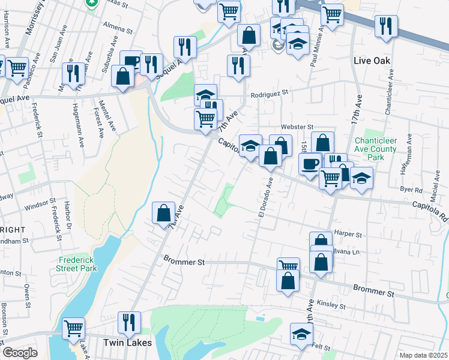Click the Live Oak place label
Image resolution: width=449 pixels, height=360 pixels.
pyautogui.click(x=372, y=61)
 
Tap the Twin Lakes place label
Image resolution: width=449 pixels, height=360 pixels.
pyautogui.click(x=125, y=342)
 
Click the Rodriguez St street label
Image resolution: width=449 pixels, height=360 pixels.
pyautogui.click(x=270, y=94)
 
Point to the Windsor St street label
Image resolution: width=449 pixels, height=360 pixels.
pyautogui.click(x=40, y=208)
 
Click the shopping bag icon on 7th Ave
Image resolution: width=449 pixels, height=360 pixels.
pyautogui.click(x=163, y=213)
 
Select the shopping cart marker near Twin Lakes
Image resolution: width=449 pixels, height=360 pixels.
pyautogui.click(x=73, y=328)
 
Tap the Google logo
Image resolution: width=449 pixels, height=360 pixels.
pyautogui.click(x=20, y=353)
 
